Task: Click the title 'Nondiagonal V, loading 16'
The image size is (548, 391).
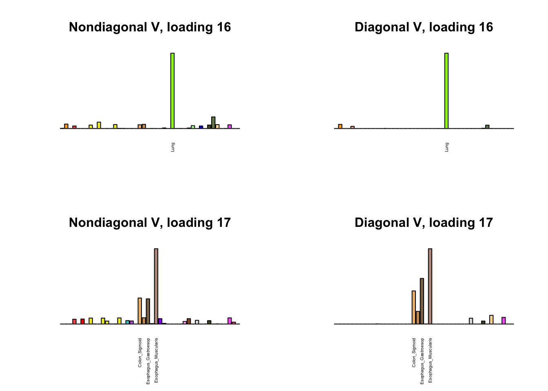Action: click(150, 27)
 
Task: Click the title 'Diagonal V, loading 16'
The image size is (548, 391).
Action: click(424, 27)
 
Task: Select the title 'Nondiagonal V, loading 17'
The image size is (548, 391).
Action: click(150, 223)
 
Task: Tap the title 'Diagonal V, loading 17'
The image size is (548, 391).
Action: click(424, 223)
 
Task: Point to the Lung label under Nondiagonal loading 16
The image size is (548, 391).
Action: click(173, 147)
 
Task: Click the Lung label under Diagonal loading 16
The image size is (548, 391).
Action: click(447, 147)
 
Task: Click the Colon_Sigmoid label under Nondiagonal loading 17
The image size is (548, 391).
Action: click(140, 353)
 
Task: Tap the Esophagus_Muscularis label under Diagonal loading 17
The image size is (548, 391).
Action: click(431, 360)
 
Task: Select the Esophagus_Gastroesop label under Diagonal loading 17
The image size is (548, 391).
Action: click(422, 361)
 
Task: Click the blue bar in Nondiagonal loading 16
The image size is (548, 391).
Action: click(201, 127)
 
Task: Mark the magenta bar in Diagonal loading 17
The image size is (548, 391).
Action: click(504, 321)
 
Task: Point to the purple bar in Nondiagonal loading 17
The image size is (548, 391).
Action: click(160, 321)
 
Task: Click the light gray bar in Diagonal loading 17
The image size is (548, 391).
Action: click(471, 321)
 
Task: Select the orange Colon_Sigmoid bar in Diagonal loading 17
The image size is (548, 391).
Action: click(414, 307)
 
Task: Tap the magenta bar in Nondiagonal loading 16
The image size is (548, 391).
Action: click(230, 126)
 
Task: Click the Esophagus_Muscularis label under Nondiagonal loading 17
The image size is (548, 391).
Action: click(157, 360)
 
